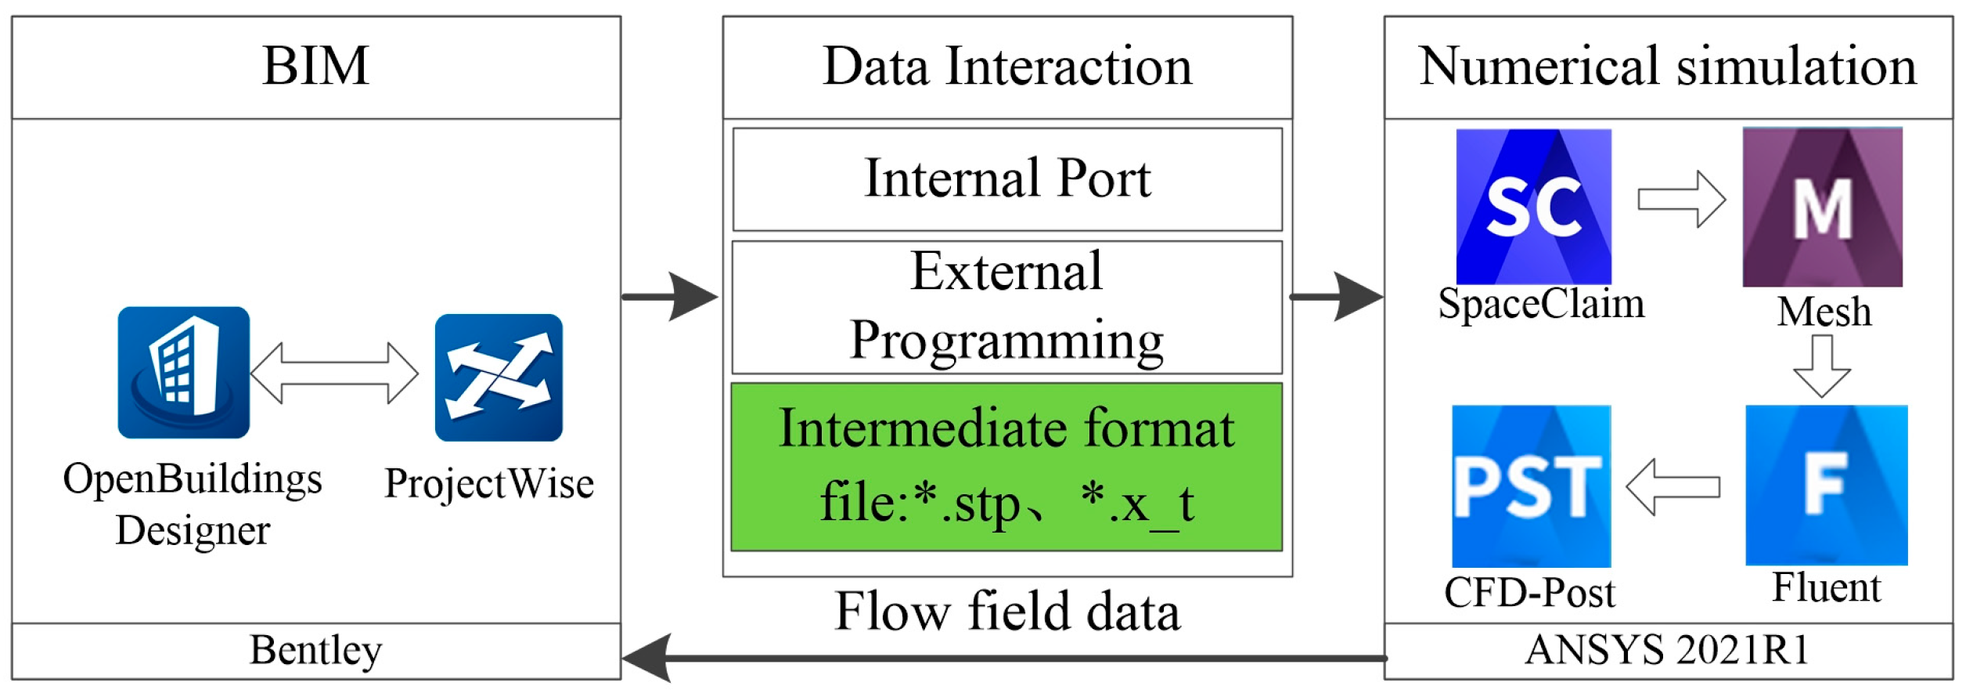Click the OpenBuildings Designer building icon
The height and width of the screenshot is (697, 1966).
click(x=183, y=372)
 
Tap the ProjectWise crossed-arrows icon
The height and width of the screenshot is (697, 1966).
click(x=499, y=377)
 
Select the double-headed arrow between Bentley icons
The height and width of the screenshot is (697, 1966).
click(x=334, y=374)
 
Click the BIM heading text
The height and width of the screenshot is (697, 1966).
click(x=315, y=66)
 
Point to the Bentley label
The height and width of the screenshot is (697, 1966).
click(x=315, y=650)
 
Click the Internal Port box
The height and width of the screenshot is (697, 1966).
click(x=1006, y=179)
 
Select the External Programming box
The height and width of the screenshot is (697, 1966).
click(x=1006, y=307)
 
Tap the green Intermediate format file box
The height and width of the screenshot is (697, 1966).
click(x=1006, y=467)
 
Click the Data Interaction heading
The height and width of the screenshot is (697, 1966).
click(x=1006, y=66)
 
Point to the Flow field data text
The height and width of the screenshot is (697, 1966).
click(x=1006, y=612)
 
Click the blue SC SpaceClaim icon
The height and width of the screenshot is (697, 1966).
click(x=1532, y=206)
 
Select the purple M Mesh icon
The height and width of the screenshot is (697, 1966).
click(x=1822, y=208)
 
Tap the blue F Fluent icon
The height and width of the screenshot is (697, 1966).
click(x=1826, y=485)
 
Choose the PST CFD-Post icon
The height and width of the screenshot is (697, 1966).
click(x=1530, y=486)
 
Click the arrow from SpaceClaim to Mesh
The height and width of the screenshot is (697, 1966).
click(x=1680, y=200)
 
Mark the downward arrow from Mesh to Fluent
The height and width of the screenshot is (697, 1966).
click(x=1821, y=366)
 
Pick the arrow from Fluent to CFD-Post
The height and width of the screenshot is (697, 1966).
click(x=1673, y=487)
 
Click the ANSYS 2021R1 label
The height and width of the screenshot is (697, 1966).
click(x=1667, y=650)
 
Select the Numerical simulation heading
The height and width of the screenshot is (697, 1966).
click(x=1667, y=66)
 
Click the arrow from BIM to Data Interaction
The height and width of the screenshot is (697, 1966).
click(x=672, y=297)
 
